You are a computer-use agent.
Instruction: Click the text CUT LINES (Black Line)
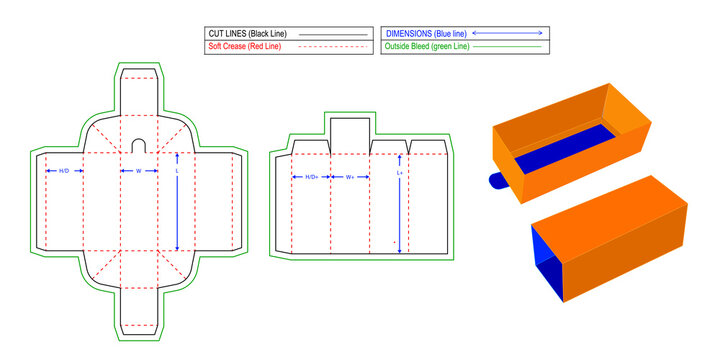coord(248,34)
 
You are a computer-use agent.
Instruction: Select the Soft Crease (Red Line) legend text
coord(244,46)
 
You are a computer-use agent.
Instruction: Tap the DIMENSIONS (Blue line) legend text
coord(426,34)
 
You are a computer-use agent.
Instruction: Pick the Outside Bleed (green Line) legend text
coord(427,46)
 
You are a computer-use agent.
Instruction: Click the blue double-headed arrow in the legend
coord(507,33)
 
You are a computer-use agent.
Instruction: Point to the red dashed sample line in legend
coord(333,47)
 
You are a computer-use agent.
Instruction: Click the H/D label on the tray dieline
coord(64,171)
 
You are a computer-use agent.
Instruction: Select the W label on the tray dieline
coord(139,171)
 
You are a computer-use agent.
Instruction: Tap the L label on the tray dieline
coord(177,171)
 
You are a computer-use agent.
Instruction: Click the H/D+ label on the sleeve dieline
coord(312,177)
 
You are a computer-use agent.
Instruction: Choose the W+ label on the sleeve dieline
coord(350,177)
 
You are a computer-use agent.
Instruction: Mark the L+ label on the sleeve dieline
coord(400,173)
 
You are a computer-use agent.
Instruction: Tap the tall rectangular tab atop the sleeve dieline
coord(350,136)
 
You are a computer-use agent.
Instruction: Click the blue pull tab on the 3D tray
coord(497,181)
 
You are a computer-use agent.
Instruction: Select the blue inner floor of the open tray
coord(565,148)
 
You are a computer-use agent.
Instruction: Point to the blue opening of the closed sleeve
coord(546,259)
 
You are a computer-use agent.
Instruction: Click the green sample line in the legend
coord(507,47)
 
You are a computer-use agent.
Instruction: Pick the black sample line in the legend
coord(333,34)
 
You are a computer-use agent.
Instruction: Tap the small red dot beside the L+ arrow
coord(394,242)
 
